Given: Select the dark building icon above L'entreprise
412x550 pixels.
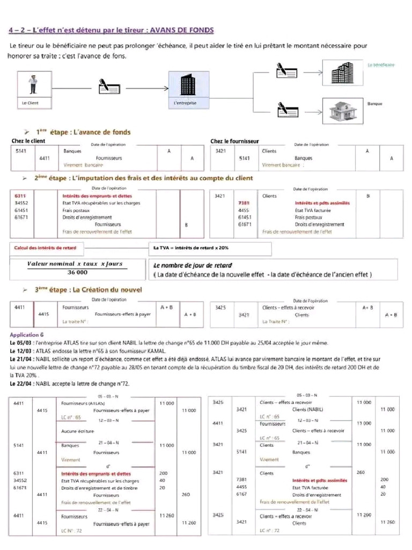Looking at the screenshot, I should tap(186, 84).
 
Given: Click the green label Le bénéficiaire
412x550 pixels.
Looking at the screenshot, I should tap(381, 64).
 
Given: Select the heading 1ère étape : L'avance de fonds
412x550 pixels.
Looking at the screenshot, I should tap(83, 132).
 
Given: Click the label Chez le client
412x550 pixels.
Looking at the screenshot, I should tap(28, 141).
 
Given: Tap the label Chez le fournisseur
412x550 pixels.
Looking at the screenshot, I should tap(234, 141).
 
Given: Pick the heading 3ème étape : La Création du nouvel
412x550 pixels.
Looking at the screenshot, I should tap(88, 290).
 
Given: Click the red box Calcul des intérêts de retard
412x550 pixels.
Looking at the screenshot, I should tap(45, 248).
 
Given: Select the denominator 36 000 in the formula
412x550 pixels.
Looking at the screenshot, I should tap(75, 272).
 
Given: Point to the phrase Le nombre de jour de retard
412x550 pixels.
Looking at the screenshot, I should tap(193, 265).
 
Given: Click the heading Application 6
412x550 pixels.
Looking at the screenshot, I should tap(26, 334).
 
